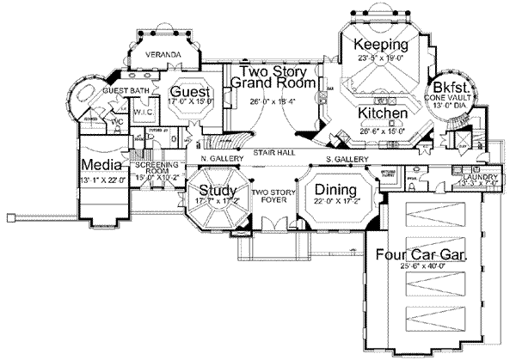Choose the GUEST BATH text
[123, 89]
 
